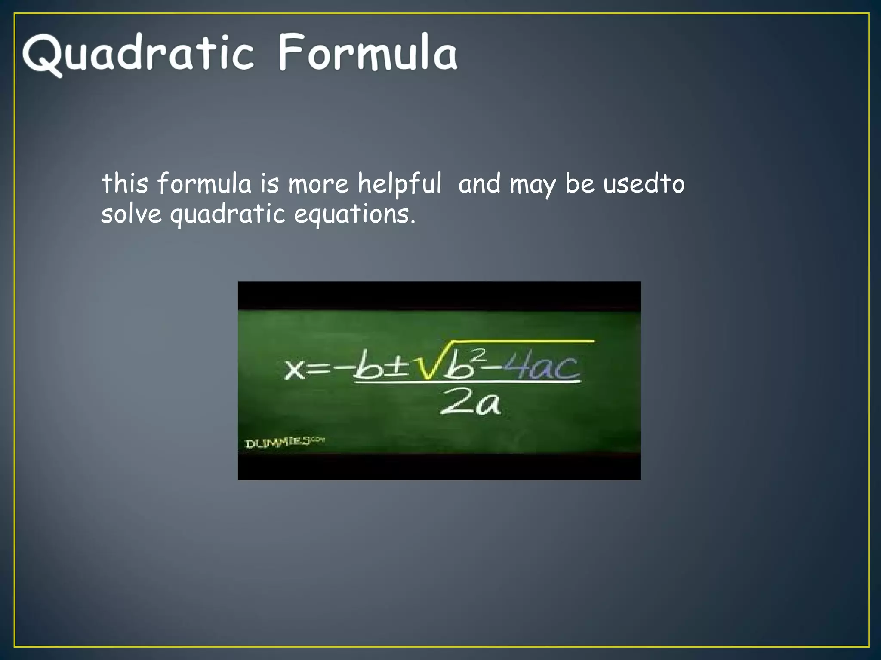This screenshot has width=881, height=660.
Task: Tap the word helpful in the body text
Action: [400, 184]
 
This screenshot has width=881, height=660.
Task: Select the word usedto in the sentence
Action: [644, 184]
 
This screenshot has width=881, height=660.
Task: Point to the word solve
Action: [131, 214]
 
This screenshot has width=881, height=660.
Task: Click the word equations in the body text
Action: [354, 214]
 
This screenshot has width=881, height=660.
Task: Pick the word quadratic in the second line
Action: [228, 214]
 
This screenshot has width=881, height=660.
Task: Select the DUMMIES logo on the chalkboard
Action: [284, 442]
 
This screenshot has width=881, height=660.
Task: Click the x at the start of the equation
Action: [295, 369]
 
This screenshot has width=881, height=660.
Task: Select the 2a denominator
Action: [470, 403]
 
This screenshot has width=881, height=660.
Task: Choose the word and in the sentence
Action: [479, 184]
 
